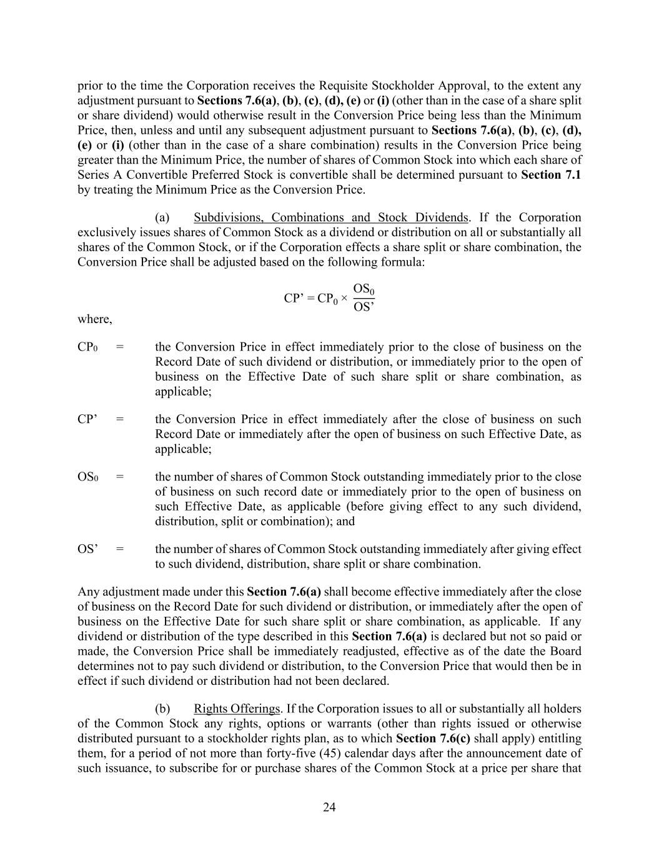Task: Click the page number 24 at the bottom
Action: (x=329, y=807)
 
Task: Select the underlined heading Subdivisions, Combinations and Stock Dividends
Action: (x=330, y=217)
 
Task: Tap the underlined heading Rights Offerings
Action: (x=237, y=709)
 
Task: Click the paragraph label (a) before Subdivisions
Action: (x=162, y=217)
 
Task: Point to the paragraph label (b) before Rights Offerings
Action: (x=162, y=709)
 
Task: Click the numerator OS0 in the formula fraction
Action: (x=364, y=289)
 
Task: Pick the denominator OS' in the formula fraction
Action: (x=364, y=306)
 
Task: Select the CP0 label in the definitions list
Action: (x=87, y=347)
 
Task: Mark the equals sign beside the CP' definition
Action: (x=120, y=419)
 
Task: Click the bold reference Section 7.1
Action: (x=550, y=175)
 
